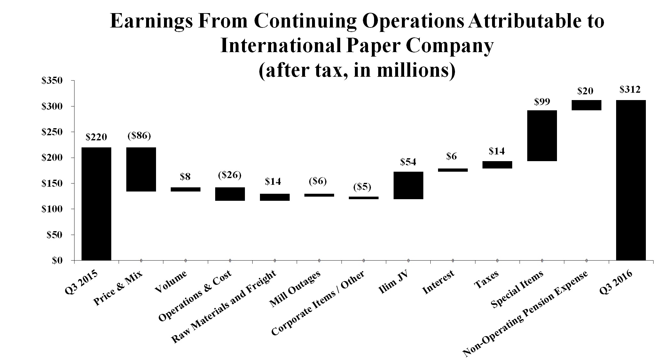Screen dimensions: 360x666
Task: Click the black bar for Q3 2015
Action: tap(96, 204)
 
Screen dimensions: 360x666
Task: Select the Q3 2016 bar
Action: tap(631, 180)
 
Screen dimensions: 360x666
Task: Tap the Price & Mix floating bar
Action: tap(141, 169)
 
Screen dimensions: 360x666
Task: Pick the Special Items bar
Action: tap(542, 136)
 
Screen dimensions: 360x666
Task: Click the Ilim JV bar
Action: tap(408, 185)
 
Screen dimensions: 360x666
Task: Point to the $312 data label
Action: tap(630, 90)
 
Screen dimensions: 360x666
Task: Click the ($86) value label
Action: tap(139, 136)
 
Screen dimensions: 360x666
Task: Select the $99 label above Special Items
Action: tap(542, 102)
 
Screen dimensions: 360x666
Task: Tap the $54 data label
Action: tap(408, 162)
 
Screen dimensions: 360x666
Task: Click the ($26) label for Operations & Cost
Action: tap(230, 175)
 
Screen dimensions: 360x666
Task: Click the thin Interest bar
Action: tap(453, 170)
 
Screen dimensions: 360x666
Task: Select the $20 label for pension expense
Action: tap(585, 91)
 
